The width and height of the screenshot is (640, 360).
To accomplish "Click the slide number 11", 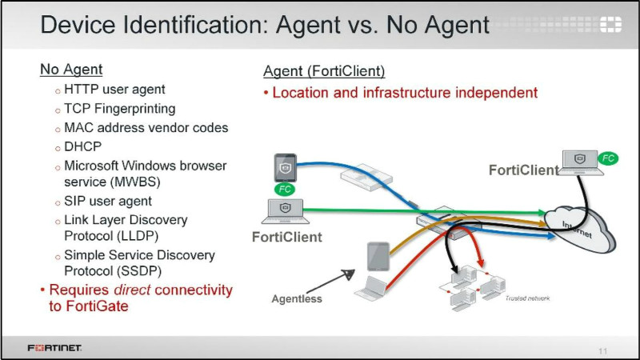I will (x=602, y=350).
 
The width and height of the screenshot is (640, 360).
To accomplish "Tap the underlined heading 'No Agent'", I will (x=72, y=70).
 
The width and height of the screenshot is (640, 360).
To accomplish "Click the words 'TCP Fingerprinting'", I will (x=120, y=108).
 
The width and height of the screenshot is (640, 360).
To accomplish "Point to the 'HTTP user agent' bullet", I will (x=116, y=89).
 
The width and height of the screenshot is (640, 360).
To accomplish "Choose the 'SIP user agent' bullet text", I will (x=108, y=201).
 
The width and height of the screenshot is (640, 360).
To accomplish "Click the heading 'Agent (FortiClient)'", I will (x=324, y=72).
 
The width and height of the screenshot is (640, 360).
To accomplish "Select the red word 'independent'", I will (x=496, y=92).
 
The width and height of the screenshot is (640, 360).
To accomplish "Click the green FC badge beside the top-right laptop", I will (x=607, y=158).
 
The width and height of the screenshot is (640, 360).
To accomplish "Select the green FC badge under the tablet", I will (x=286, y=190).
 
